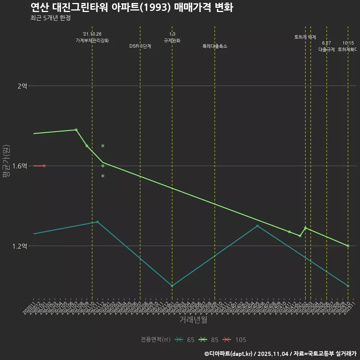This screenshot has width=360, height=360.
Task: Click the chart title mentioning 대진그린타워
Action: click(132, 7)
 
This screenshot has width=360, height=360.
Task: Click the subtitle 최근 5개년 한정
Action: click(51, 18)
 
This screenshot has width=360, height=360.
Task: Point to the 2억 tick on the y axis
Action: click(22, 86)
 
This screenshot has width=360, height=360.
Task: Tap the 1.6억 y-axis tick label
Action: click(20, 166)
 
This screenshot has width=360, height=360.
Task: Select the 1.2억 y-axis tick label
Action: click(20, 246)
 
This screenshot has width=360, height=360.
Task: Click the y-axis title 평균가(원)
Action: click(6, 161)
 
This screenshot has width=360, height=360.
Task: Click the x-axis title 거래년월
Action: click(193, 320)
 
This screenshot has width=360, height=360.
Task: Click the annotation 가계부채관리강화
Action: click(92, 40)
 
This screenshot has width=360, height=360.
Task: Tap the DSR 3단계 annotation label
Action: click(140, 46)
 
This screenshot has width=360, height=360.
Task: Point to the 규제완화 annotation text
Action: click(172, 40)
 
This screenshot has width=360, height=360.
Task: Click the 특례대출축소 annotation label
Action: click(215, 46)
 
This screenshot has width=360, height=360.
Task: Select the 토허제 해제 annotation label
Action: click(305, 37)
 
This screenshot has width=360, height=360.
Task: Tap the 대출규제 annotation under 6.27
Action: click(327, 49)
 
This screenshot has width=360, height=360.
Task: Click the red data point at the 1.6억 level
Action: click(44, 166)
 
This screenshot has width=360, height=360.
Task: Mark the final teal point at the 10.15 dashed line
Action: click(348, 286)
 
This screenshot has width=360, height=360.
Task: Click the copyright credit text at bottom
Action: click(280, 353)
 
